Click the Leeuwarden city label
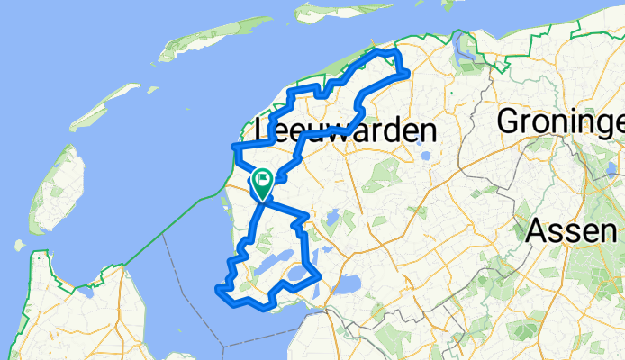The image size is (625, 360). (346, 131)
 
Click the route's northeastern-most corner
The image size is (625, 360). (408, 71)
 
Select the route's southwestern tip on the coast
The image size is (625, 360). (217, 288)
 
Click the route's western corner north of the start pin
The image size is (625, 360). (233, 146)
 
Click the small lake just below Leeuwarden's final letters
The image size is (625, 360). (426, 159)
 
